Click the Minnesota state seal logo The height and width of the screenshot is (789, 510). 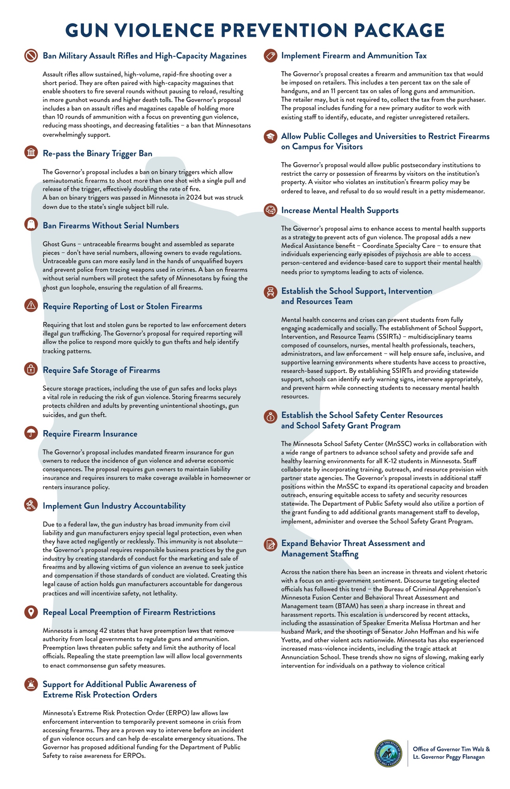388,753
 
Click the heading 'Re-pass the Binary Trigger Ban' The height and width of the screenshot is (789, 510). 97,153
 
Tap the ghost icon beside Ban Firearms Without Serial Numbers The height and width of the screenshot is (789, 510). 31,224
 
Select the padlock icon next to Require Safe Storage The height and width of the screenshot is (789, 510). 31,369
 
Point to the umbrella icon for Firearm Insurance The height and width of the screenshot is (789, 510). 31,433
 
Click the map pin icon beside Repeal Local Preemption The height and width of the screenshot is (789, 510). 31,611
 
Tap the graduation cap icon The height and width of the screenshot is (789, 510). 270,136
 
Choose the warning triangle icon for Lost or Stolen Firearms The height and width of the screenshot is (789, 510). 31,305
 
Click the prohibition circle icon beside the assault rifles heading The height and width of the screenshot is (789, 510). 31,55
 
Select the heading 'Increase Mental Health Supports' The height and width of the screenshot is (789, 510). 340,210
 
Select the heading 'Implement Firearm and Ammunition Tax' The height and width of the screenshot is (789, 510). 354,56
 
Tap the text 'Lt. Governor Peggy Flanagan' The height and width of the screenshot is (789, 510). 449,757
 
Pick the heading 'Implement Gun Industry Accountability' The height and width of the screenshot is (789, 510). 114,506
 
